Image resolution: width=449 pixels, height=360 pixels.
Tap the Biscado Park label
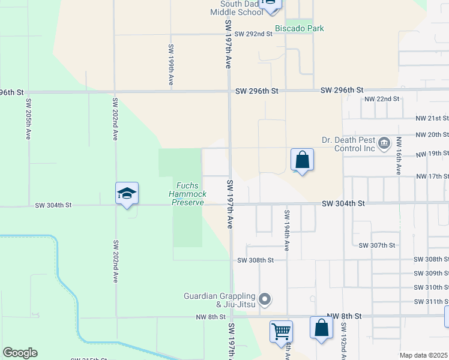[x=299, y=28]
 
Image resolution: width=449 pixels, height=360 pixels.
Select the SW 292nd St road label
[x=253, y=34]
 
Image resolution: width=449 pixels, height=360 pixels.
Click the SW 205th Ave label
[x=28, y=119]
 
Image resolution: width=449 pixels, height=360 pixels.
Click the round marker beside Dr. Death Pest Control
[x=385, y=144]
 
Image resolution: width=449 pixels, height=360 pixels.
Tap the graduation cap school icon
[x=127, y=193]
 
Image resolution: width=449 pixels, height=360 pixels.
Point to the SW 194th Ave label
[x=287, y=230]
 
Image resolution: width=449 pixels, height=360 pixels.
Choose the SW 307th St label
[x=377, y=245]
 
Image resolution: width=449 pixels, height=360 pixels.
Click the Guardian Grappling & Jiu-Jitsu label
[x=220, y=300]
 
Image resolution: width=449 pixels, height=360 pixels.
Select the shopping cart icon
[x=281, y=331]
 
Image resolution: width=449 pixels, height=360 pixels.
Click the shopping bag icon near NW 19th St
[x=303, y=160]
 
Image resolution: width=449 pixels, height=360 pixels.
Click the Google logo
[x=20, y=353]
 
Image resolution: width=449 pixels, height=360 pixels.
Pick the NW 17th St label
[x=432, y=176]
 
